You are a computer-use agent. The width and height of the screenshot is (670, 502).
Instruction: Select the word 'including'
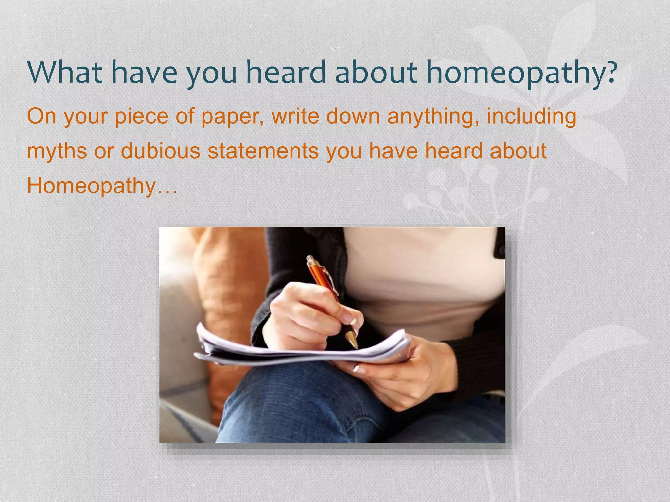coord(531,116)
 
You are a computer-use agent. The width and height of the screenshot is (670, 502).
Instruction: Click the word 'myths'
coord(57,151)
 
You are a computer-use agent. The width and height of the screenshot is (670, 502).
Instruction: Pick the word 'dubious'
coord(160,151)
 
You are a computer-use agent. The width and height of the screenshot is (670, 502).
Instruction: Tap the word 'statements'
coord(263,151)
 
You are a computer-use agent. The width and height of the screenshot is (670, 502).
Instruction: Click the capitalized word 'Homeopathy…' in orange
coord(102,186)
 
